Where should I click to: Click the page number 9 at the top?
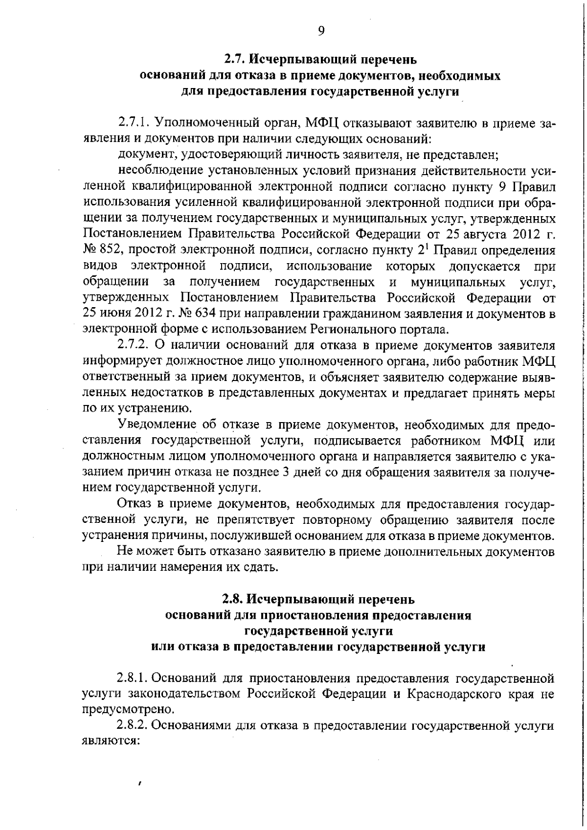[x=321, y=31]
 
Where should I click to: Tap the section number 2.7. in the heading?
[x=235, y=60]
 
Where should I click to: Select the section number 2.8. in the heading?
[x=233, y=599]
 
